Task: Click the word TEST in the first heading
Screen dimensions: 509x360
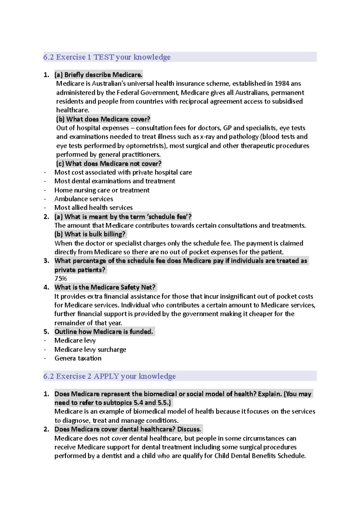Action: click(103, 57)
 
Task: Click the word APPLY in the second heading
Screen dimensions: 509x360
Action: click(106, 376)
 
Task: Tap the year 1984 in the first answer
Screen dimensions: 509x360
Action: click(282, 83)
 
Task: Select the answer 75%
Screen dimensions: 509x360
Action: click(61, 278)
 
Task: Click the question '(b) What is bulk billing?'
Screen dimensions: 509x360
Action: click(90, 234)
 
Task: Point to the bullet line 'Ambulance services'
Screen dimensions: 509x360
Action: click(84, 199)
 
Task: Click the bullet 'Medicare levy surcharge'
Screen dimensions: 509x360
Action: click(90, 350)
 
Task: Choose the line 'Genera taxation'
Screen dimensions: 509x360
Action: click(78, 358)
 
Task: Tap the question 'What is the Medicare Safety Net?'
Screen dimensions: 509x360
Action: click(105, 287)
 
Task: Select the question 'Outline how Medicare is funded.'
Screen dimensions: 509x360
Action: click(103, 332)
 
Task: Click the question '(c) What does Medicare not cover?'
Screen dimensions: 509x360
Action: click(109, 164)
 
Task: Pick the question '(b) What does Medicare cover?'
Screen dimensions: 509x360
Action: click(103, 119)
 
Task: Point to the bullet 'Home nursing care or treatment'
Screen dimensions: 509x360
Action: click(102, 190)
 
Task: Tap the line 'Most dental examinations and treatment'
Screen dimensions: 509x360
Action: click(115, 181)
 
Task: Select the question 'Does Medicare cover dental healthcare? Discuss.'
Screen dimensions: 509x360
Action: click(127, 429)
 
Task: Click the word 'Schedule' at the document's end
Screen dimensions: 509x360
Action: click(291, 456)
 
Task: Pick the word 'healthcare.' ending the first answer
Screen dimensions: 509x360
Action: click(73, 110)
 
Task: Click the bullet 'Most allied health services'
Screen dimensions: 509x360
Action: click(93, 207)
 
